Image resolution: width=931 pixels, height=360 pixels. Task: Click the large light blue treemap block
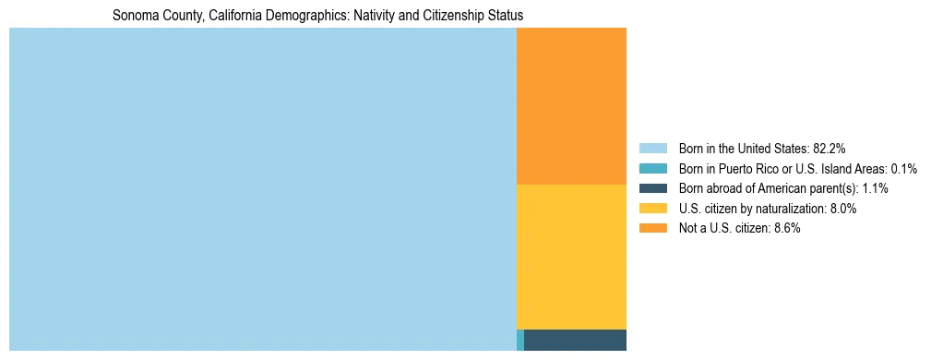(262, 189)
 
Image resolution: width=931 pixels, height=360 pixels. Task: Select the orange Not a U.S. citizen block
(571, 106)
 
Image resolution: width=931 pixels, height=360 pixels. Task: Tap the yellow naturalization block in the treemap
(571, 257)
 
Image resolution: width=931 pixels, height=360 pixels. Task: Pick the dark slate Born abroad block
(575, 340)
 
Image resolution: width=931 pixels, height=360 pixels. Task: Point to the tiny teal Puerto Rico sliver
(520, 340)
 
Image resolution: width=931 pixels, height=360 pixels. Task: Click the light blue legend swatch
(652, 148)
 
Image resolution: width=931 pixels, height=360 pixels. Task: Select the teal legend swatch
(652, 168)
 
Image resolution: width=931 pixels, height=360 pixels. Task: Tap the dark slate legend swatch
(652, 188)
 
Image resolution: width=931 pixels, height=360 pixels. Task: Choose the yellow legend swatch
(652, 209)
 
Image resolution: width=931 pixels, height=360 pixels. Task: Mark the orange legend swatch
(652, 229)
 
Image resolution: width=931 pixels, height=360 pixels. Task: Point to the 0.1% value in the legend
(904, 168)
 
